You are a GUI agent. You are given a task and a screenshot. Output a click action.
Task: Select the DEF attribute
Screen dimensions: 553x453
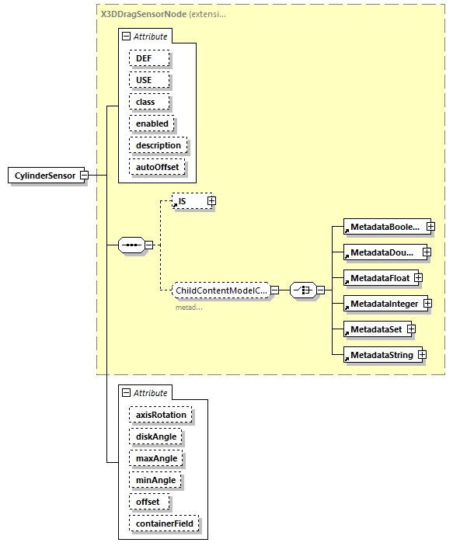(145, 58)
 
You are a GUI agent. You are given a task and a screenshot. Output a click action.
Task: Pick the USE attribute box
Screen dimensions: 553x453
(144, 80)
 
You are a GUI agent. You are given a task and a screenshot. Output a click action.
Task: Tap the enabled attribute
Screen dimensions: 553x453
(152, 123)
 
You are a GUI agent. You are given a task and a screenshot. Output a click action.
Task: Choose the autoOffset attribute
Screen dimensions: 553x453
(158, 167)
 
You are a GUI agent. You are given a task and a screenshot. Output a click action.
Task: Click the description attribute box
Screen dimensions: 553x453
(158, 145)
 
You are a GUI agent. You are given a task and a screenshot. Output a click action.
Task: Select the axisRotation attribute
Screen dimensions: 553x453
(161, 415)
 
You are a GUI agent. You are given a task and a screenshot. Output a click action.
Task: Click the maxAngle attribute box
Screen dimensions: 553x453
(156, 458)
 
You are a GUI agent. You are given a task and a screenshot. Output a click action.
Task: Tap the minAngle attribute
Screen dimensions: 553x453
(155, 480)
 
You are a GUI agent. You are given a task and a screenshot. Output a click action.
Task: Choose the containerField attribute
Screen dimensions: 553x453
(164, 523)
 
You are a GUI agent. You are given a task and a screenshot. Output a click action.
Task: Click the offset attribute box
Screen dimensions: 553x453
(148, 502)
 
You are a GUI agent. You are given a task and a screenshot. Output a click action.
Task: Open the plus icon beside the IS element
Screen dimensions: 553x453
(211, 201)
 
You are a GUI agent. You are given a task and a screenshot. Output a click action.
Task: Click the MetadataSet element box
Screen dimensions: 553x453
(374, 329)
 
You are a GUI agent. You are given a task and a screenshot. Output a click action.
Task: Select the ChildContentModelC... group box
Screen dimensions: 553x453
(221, 290)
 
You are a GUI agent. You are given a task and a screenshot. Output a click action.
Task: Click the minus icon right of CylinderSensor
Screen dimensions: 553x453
(83, 176)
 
